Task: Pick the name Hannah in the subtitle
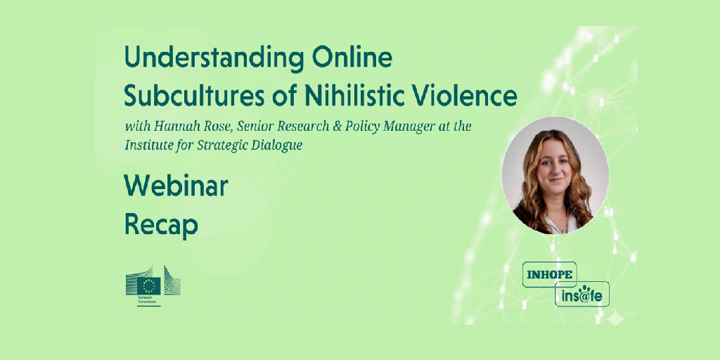click(x=165, y=127)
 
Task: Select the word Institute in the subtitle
click(x=145, y=145)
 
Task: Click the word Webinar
click(x=176, y=186)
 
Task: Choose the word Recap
click(x=161, y=226)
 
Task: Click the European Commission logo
click(x=153, y=286)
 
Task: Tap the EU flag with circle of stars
click(x=149, y=286)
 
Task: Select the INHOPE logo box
click(x=549, y=275)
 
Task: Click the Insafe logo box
click(x=581, y=294)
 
